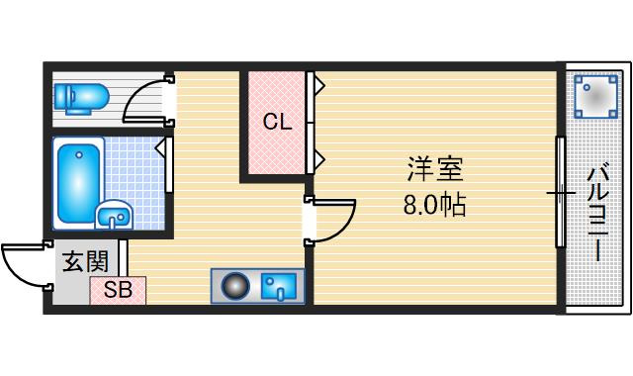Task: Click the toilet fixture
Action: point(81,98)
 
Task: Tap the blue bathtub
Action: point(79,183)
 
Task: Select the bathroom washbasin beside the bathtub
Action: point(115,215)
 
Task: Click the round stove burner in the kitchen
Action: point(235,286)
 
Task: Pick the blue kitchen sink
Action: point(279,287)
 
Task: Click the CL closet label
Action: point(277,122)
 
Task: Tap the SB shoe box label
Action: point(118,290)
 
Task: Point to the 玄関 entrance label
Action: point(86,261)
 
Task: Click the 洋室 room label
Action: point(435,169)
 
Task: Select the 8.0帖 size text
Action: point(435,205)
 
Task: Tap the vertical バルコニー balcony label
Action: point(598,214)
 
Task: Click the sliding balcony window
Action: point(560,192)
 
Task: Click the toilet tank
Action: point(62,98)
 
